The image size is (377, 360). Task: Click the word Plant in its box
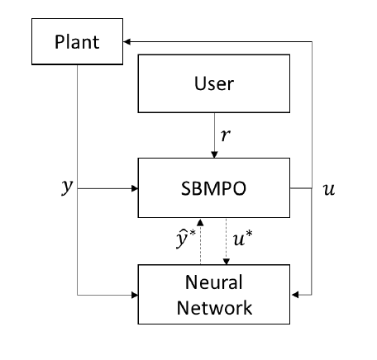[x=77, y=42]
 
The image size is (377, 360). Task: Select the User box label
[x=214, y=83]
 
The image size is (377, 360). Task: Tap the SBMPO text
[x=213, y=188]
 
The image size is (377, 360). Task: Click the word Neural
[x=214, y=282]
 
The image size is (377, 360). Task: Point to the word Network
[x=214, y=308]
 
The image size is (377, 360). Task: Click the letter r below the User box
[x=226, y=135]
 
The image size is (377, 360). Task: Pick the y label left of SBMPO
[x=67, y=187]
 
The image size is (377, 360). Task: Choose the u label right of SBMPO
[x=329, y=189]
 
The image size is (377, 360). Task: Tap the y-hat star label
[x=186, y=239]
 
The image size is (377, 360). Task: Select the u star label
[x=242, y=238]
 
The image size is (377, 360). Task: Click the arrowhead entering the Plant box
[x=126, y=42]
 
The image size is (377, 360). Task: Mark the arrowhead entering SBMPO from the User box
[x=214, y=154]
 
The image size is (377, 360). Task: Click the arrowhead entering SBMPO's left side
[x=135, y=188]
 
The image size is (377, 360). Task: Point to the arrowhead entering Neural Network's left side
[x=135, y=296]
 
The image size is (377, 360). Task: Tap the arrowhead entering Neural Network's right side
[x=295, y=295]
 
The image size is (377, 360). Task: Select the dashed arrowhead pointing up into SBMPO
[x=200, y=222]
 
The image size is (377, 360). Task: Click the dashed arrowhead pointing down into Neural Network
[x=227, y=262]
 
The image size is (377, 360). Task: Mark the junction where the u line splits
[x=312, y=188]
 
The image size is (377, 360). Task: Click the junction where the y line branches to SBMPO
[x=77, y=188]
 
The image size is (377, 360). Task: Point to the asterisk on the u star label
[x=249, y=233]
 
